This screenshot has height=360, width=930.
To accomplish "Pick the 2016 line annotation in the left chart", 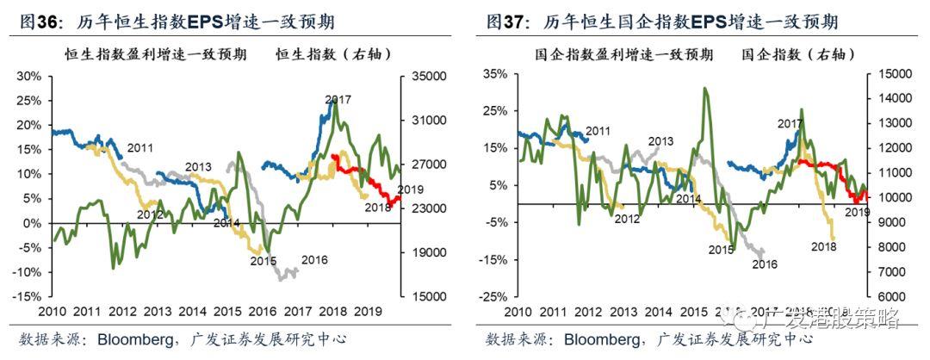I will pyautogui.click(x=314, y=259).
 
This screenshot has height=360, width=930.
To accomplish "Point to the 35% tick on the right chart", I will pyautogui.click(x=494, y=75).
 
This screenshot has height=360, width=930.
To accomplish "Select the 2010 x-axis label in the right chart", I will pyautogui.click(x=518, y=311).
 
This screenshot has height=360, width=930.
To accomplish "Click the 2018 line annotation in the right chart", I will pyautogui.click(x=824, y=246).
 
